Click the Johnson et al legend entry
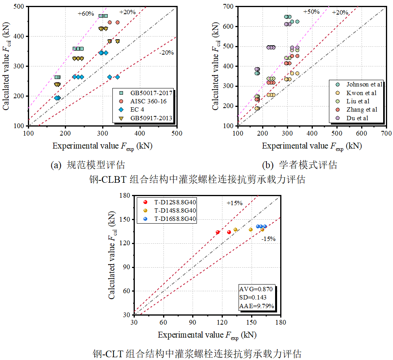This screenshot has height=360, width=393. [x=357, y=84]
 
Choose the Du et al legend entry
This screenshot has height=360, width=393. [x=353, y=118]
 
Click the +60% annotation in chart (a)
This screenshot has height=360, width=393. [x=86, y=14]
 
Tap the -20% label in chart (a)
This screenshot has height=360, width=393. [x=166, y=53]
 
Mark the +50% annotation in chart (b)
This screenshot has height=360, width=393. [x=311, y=12]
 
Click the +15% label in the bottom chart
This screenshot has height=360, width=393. [x=234, y=203]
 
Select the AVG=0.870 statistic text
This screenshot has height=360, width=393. [x=256, y=289]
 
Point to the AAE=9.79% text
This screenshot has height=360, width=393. [x=257, y=306]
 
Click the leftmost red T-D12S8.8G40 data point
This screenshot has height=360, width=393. [x=218, y=232]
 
